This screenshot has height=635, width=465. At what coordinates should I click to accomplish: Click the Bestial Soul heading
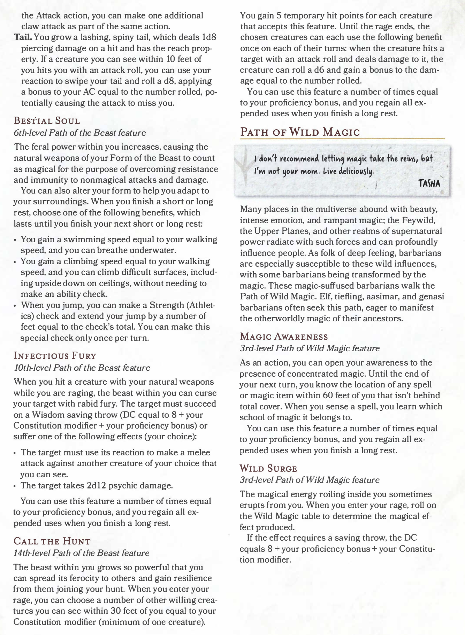tap(47, 121)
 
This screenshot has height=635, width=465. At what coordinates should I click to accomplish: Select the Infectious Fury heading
tap(54, 356)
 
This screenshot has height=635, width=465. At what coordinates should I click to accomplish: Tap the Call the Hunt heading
tap(52, 541)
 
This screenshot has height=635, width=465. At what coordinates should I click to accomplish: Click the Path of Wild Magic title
tap(300, 132)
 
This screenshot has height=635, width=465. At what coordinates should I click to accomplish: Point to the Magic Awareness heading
tap(284, 337)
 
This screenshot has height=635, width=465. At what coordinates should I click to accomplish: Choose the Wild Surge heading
tap(268, 468)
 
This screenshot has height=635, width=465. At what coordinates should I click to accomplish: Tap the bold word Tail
tap(23, 37)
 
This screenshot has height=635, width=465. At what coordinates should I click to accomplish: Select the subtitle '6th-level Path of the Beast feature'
tap(79, 133)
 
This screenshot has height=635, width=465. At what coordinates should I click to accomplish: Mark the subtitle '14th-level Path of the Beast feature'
tap(81, 553)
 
